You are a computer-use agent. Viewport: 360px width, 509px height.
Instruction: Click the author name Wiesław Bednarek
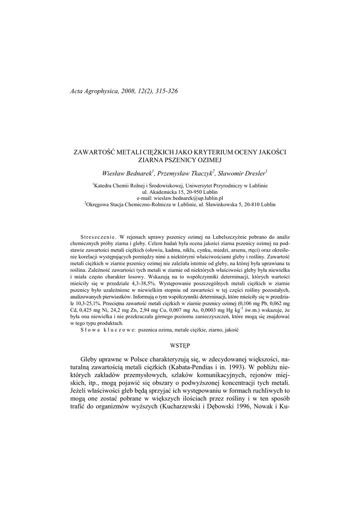[x=127, y=173]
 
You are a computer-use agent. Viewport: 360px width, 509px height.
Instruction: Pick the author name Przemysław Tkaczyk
[x=185, y=173]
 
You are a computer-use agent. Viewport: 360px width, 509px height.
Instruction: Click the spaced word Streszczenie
[x=97, y=238]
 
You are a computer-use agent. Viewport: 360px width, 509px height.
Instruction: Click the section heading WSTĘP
[x=180, y=344]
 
